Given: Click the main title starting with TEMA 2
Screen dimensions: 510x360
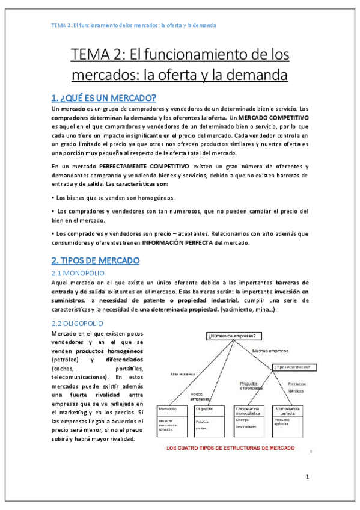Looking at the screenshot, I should (180, 66).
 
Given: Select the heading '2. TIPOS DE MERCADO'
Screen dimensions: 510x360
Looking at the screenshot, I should (96, 260).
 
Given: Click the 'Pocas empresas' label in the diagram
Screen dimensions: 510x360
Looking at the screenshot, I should (201, 396).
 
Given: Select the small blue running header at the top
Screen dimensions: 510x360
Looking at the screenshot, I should (133, 25).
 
